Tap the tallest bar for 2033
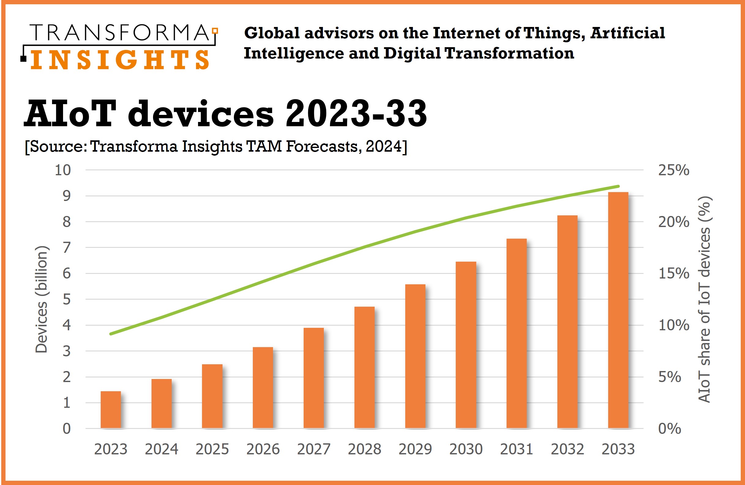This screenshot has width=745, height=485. pos(618,310)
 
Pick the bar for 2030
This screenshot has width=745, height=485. pos(466,345)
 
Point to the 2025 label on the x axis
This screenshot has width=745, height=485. pos(212,449)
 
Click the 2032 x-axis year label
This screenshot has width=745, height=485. pos(567,449)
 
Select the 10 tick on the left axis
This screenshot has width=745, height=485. pos(63,170)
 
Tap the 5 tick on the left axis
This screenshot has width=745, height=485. pos(67,300)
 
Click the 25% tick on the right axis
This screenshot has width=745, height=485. pos(674,170)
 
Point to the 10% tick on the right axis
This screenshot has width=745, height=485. pos(674,325)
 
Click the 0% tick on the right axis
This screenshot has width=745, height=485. pos(670,429)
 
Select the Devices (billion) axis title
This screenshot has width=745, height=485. pos(41,299)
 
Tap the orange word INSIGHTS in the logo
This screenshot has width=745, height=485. pos(120,59)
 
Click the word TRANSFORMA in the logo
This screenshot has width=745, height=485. pos(120,32)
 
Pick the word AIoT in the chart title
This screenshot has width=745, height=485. pos(69,113)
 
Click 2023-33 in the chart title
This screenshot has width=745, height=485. pos(356,113)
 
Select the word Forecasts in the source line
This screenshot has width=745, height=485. pos(321,146)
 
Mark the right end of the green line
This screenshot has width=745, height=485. pos(618,186)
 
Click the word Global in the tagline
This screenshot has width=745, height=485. pos(272,33)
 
